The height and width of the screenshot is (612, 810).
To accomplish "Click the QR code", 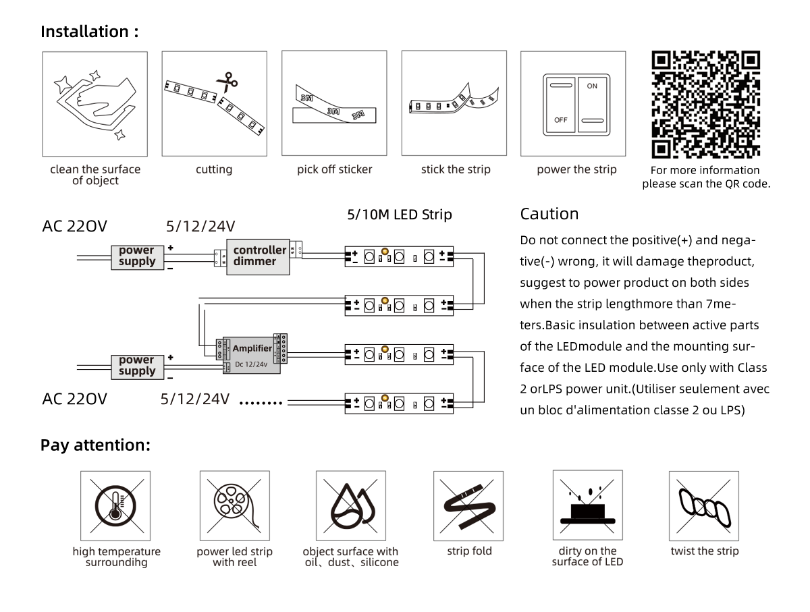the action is pos(705,105).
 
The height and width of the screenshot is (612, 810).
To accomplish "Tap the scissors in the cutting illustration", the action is pos(227,82).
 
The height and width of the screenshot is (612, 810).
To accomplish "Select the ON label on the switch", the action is pos(592,86).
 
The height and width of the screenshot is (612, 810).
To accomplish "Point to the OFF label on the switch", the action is pos(560,120).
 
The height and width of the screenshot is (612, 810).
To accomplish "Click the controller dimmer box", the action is pos(258,257).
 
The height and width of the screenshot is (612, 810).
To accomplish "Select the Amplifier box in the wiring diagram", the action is pos(252,355).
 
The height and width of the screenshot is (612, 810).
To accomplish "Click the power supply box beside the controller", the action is pos(137,257).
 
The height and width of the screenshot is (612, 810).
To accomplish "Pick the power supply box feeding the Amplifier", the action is pos(137,367).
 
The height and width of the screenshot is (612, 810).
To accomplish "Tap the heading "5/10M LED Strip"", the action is pos(400,215).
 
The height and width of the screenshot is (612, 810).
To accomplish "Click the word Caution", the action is pos(549,214).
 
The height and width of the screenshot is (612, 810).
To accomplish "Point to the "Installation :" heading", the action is pos(90,31).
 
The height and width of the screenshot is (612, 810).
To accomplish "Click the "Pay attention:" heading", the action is pos(96,445).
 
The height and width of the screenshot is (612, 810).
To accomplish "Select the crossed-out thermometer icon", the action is pos(115,506).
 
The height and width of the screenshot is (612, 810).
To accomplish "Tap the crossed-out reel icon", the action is pos(234,505).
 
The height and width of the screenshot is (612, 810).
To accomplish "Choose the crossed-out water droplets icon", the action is pos(351,506).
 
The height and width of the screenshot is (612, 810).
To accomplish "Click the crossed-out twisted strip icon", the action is pos(704,506).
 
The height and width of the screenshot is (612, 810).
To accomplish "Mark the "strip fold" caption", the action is pos(469,551).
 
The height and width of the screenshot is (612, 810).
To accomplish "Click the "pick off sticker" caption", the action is pos(334,169).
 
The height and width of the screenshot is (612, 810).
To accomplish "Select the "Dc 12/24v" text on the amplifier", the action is pos(251,364).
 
